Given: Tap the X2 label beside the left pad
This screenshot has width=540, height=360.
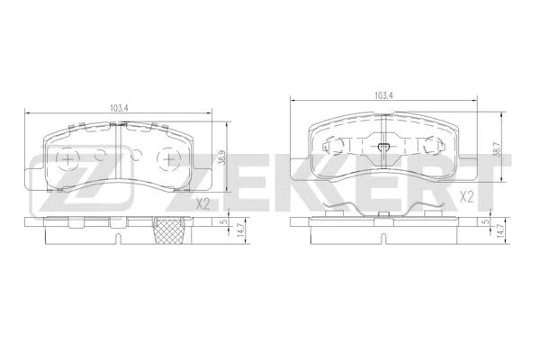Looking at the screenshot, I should tap(202, 204).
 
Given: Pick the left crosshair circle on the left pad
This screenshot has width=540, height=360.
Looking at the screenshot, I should tap(67, 159).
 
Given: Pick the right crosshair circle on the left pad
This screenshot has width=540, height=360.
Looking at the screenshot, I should tap(166, 159).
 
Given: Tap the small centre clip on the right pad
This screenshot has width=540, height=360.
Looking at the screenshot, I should tap(382, 148).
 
